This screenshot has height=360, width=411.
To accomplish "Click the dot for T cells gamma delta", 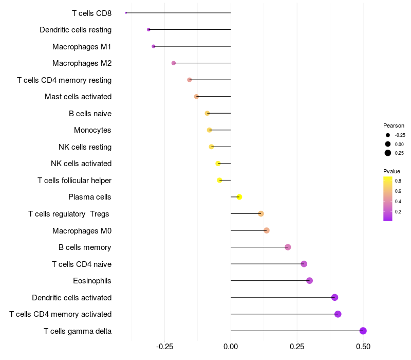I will [363, 331].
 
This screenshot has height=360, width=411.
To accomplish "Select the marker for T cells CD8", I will [126, 13].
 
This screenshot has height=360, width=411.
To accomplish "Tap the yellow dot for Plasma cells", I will [239, 197].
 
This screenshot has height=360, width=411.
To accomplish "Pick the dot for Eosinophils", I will [309, 280].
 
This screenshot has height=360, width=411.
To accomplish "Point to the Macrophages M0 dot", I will [267, 230].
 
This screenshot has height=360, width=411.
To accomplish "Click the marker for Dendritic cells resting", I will [148, 29].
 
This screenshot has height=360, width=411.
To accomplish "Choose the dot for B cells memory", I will [288, 247].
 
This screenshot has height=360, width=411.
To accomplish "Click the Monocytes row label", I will [92, 130].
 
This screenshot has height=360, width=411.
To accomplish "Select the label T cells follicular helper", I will [74, 181].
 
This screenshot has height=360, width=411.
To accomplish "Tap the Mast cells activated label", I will [78, 97].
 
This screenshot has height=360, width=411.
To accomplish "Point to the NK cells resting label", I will [85, 147].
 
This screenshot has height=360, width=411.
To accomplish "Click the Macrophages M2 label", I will [82, 63].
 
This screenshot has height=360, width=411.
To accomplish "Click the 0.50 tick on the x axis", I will [363, 347].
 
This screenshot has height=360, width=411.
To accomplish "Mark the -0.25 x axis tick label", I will [164, 347].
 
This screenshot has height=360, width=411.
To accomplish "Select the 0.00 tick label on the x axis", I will [231, 347].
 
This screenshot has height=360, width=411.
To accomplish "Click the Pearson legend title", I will [394, 125].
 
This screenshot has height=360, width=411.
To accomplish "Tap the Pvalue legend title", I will [391, 171].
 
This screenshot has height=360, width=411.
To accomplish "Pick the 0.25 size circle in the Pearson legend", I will [388, 153].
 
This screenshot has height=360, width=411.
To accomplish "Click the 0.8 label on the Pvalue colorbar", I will [398, 181].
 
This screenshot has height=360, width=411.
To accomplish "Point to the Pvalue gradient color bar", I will [388, 199].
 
